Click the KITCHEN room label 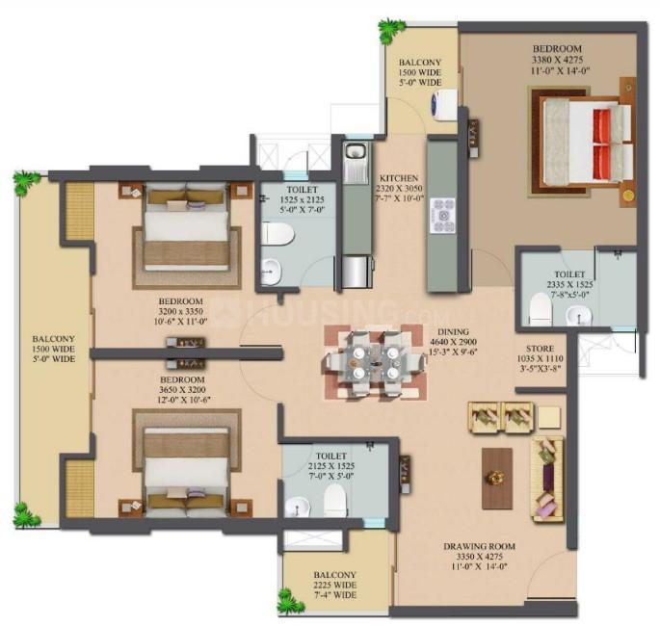click(397, 178)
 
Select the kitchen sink click(356, 154)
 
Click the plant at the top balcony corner click(390, 31)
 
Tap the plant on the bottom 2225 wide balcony click(290, 602)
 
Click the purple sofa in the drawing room click(547, 476)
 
